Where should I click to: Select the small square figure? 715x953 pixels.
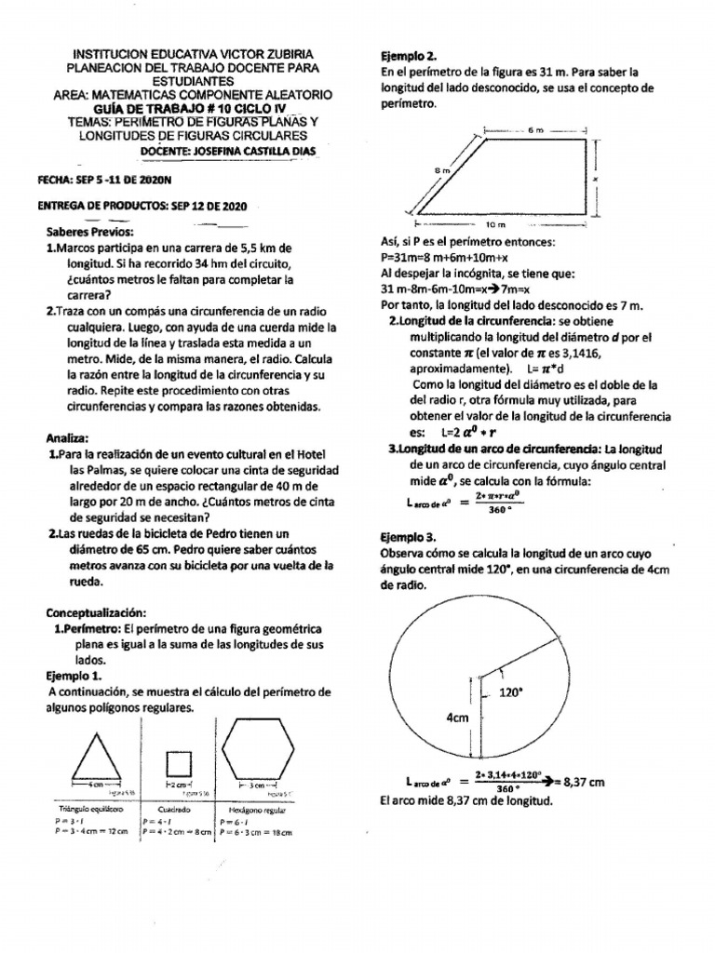pyautogui.click(x=179, y=764)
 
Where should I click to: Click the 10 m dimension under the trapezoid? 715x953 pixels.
pyautogui.click(x=495, y=224)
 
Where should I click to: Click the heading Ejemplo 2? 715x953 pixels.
pyautogui.click(x=408, y=55)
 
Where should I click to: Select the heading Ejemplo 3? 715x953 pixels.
pyautogui.click(x=408, y=537)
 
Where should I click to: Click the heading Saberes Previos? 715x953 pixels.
pyautogui.click(x=90, y=231)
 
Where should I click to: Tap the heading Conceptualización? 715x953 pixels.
pyautogui.click(x=97, y=613)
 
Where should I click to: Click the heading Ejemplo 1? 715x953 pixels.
pyautogui.click(x=74, y=675)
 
